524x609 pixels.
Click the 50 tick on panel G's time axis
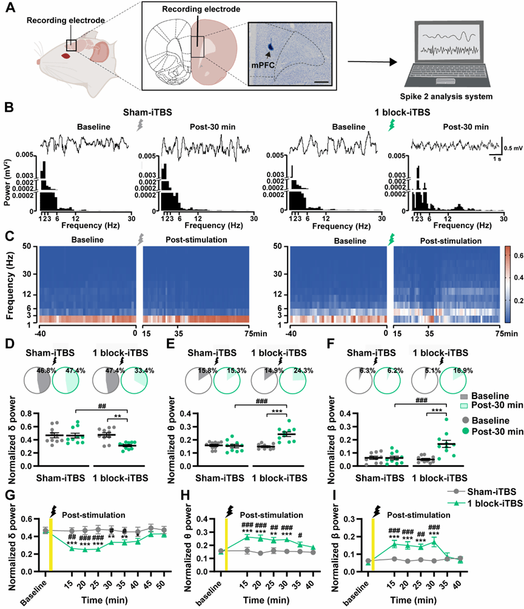coord(163,583)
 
